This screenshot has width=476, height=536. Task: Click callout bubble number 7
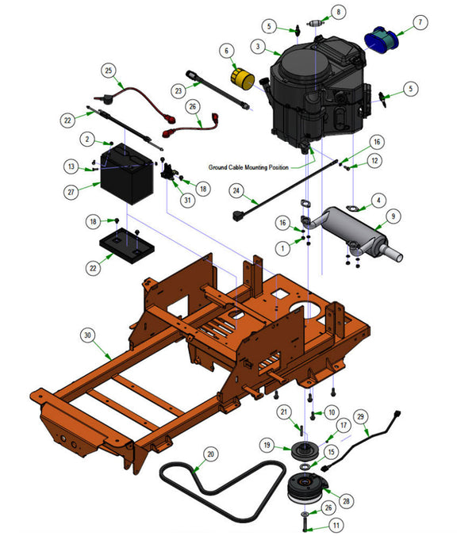420,21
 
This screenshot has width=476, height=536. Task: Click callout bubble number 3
256,47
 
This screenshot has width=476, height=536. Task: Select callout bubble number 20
209,454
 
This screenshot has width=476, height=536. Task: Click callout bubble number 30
87,335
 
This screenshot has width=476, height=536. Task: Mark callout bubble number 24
235,190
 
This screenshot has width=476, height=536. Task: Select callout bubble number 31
187,200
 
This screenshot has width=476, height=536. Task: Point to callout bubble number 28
347,500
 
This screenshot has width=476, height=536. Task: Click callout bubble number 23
178,90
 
